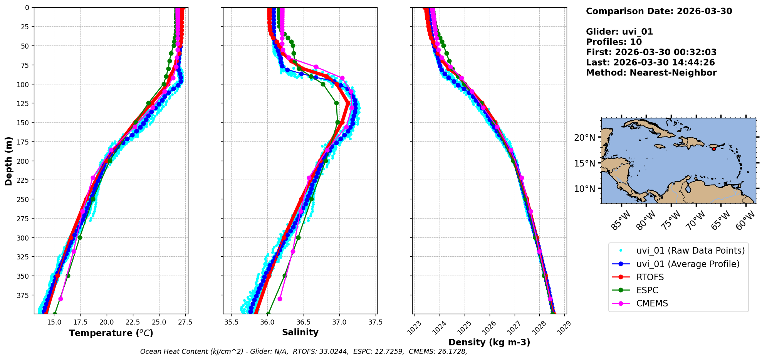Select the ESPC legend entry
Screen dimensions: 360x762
(647, 290)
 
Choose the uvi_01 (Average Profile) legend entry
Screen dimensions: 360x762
(688, 264)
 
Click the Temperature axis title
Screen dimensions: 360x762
(111, 333)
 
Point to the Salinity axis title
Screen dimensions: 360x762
(300, 332)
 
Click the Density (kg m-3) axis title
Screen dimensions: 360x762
(489, 342)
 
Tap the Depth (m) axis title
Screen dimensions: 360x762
(9, 161)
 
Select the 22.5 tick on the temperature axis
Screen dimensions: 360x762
(133, 322)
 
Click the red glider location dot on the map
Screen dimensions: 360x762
(714, 149)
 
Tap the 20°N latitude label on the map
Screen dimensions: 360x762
(585, 138)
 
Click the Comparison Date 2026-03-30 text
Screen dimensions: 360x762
(659, 11)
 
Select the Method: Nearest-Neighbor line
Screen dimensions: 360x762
(651, 72)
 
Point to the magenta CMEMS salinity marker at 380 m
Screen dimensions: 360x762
(280, 299)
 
